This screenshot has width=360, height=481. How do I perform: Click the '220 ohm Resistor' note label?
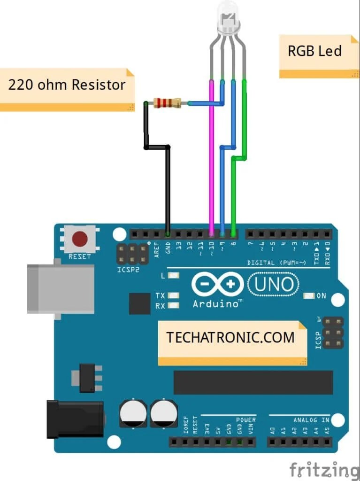[67, 85]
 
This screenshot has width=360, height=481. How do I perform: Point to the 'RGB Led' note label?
[315, 51]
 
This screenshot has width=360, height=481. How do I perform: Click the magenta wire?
[212, 155]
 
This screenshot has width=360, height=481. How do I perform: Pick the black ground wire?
[168, 188]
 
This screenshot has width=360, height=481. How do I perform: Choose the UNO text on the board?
[274, 284]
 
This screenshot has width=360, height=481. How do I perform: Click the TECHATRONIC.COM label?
[231, 338]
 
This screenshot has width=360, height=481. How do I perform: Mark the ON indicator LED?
[309, 296]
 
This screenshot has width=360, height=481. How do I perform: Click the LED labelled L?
[174, 276]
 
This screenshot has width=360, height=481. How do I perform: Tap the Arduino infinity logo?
[217, 284]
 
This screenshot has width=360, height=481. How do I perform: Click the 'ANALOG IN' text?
[311, 420]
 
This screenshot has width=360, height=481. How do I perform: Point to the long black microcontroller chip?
[253, 382]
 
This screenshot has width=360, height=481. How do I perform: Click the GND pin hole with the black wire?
[168, 233]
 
